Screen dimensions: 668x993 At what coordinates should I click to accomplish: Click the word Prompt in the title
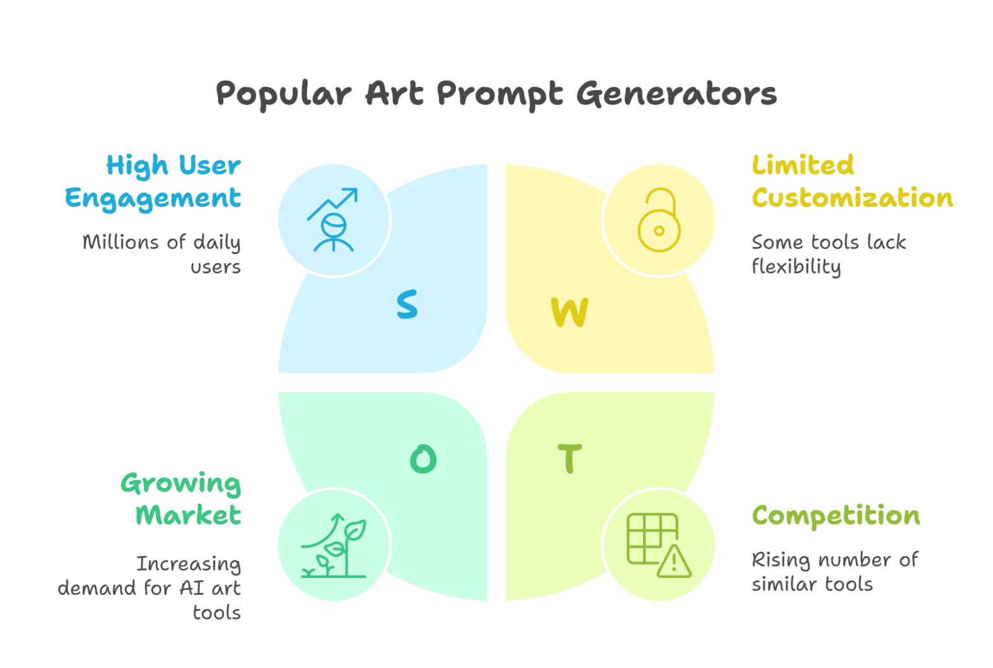(499, 94)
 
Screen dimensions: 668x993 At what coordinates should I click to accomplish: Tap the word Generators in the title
(676, 93)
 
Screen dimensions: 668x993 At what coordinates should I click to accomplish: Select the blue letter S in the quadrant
(407, 304)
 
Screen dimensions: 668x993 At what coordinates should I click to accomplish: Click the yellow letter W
(570, 312)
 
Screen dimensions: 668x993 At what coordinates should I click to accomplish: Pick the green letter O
(423, 459)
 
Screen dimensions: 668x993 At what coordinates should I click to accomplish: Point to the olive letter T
(570, 458)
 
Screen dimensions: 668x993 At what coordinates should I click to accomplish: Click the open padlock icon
(659, 221)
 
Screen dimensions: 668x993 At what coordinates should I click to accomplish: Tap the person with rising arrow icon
(334, 221)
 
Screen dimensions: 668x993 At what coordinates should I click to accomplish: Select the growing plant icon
(334, 546)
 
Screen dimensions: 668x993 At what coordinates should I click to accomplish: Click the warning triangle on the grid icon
(674, 561)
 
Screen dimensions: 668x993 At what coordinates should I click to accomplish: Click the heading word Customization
(852, 198)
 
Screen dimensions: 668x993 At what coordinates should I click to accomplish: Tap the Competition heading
(836, 515)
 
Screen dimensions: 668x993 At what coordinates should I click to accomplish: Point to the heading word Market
(188, 515)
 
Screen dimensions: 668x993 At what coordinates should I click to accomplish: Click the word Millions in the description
(121, 242)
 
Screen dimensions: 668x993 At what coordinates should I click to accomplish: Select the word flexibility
(796, 267)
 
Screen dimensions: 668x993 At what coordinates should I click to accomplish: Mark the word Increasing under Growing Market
(188, 565)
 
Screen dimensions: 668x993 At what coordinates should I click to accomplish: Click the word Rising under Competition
(780, 560)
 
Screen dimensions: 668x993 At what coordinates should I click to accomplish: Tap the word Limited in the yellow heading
(802, 166)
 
